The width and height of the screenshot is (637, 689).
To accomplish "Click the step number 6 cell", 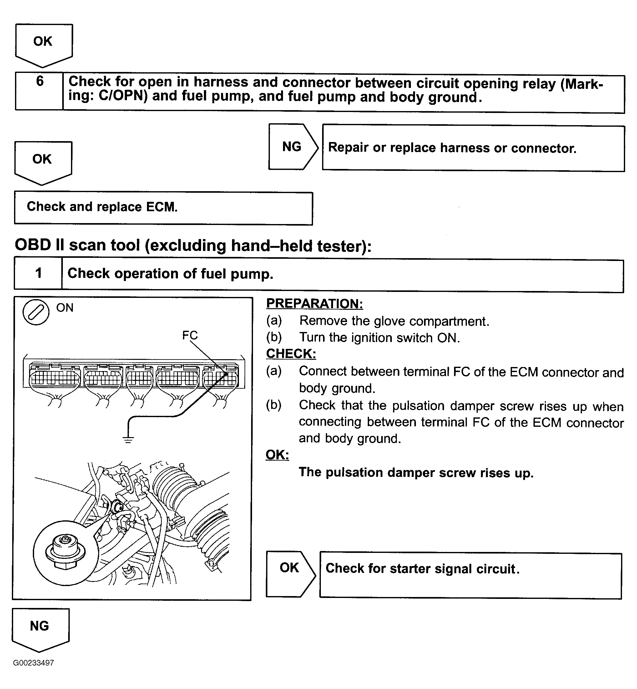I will [x=39, y=91].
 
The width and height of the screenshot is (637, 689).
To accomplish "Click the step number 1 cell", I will [x=38, y=273].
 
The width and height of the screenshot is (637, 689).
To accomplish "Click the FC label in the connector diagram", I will [x=190, y=335].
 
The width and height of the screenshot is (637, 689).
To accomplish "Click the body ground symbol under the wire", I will [x=128, y=439].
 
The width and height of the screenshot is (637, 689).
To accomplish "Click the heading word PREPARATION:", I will [x=314, y=304].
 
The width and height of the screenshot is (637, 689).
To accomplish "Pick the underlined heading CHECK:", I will [x=291, y=354].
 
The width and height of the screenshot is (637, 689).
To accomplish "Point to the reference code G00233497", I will [x=33, y=663].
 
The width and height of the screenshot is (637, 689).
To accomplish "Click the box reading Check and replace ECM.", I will [x=163, y=208].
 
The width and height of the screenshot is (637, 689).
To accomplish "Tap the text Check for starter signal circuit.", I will [x=422, y=569].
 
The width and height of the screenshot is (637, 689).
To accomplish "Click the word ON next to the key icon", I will [x=65, y=308].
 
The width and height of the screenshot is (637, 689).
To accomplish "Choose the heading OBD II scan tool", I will [x=193, y=246].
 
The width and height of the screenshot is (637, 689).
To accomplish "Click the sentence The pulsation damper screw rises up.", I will [x=416, y=472].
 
